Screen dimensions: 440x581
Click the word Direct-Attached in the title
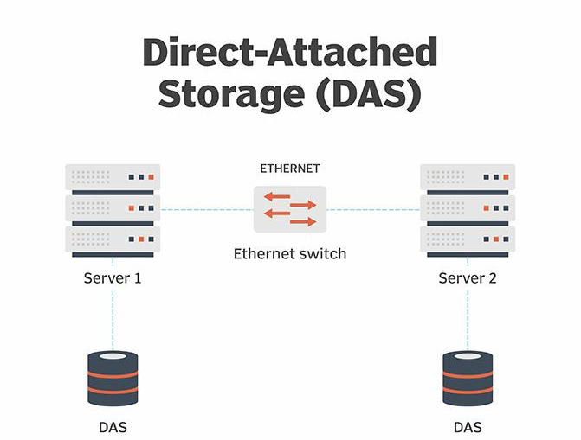pos(289,54)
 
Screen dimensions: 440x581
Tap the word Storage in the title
pos(228,94)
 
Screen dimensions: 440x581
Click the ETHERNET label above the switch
pos(290,168)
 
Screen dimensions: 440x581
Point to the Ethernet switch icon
pos(290,209)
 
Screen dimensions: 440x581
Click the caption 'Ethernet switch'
pos(290,254)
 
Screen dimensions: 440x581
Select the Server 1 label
pos(113,278)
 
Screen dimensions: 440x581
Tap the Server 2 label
pos(468,278)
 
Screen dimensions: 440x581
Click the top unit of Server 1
pos(113,178)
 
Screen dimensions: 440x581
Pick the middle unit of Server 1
pos(113,208)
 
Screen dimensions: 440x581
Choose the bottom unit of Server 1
pos(113,239)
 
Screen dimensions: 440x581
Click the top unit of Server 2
pos(468,178)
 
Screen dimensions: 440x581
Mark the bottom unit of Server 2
pos(468,239)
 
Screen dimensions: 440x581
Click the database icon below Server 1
pos(113,378)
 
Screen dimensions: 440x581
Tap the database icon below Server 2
pos(468,378)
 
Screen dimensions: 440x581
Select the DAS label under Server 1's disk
pos(113,427)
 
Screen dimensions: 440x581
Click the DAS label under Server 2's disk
pos(468,427)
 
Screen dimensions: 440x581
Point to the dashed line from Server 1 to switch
pos(206,209)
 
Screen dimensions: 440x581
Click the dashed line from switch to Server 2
pos(373,209)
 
